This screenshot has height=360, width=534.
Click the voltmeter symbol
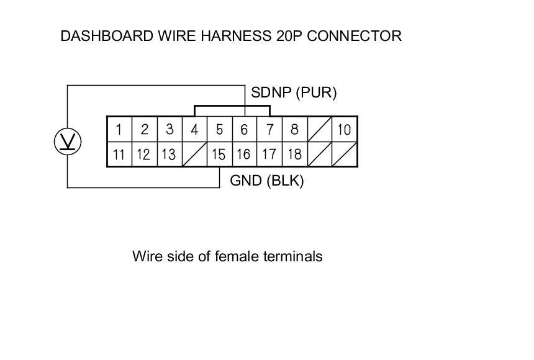coord(67,142)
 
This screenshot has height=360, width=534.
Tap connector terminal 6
coord(245,130)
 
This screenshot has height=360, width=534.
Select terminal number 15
coord(219,154)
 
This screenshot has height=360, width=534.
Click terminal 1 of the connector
coord(119,130)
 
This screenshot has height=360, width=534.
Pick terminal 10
coord(345,130)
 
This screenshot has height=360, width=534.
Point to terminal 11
coord(119,154)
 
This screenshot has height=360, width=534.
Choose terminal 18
coord(294,154)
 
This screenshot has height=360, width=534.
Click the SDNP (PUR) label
coord(294,93)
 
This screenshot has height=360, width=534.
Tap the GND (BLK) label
coord(266,181)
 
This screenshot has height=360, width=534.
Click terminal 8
coord(294,130)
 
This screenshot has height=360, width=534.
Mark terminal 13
coord(169,154)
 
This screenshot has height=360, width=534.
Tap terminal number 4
coord(194,130)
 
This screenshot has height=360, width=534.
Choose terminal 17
coord(269,154)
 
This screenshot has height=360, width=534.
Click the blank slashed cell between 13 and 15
coord(194,154)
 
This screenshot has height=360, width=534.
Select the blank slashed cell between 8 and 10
coord(320,130)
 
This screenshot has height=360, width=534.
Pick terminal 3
coord(169,130)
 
